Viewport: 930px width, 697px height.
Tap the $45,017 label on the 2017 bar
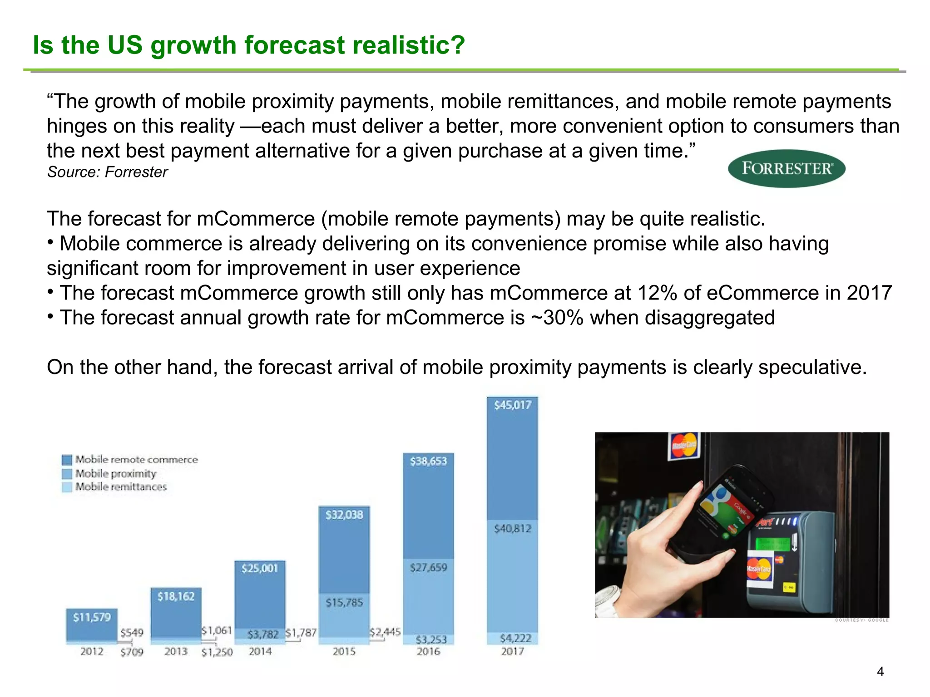point(512,405)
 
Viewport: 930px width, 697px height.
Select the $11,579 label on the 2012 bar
point(92,617)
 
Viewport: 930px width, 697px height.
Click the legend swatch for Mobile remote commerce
point(67,460)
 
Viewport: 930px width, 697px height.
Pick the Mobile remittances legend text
point(121,487)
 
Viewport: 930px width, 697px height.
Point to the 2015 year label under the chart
point(344,652)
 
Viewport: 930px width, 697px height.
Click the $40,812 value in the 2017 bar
point(512,529)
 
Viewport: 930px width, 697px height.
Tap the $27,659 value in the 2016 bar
point(428,567)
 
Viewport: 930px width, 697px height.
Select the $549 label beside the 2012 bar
point(132,633)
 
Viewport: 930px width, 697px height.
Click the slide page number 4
point(880,672)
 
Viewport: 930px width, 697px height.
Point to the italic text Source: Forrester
point(107,172)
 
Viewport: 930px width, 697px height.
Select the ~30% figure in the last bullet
point(557,318)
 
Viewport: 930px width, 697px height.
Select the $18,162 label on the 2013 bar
point(176,596)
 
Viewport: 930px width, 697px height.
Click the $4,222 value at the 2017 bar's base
point(515,638)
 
